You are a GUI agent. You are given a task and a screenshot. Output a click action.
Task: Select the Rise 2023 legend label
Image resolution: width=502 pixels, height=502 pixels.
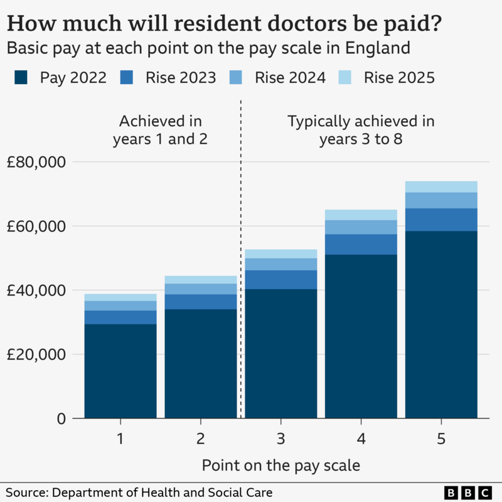tap(181, 78)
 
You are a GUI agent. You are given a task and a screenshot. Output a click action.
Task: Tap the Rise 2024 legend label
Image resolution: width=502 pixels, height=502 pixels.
tap(290, 78)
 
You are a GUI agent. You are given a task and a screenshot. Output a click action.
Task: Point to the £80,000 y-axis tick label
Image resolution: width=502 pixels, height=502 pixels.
tap(36, 162)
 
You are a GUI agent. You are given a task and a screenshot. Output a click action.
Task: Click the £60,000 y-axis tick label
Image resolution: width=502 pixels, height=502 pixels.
tap(36, 226)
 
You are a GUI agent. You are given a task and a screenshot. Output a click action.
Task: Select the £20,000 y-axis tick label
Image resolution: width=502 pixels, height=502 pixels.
tap(36, 354)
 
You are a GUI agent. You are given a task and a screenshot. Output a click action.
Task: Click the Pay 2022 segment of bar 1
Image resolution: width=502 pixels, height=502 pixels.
tap(120, 370)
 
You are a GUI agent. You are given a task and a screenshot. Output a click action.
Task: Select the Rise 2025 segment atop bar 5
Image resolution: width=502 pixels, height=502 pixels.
tap(441, 186)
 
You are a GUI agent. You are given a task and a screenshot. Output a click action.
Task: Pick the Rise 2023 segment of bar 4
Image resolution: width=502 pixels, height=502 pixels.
tap(361, 244)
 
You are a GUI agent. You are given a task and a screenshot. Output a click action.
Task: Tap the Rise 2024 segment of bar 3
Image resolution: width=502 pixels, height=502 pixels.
tap(280, 264)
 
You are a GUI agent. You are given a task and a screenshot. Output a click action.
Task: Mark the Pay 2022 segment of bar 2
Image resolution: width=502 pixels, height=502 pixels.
tap(201, 364)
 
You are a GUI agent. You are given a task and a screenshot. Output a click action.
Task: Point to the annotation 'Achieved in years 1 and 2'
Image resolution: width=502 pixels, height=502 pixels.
tap(161, 130)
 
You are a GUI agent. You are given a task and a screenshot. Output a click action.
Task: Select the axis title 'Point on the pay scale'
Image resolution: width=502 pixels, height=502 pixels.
tap(280, 465)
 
